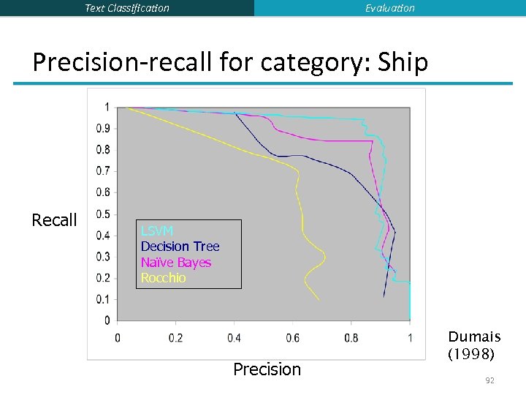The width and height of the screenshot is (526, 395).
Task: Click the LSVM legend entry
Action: pos(157,231)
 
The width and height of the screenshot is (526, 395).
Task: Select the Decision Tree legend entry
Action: pos(180,247)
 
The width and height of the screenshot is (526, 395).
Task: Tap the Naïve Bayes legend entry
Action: pos(176,263)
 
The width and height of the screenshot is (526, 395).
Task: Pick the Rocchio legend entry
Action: pos(163,278)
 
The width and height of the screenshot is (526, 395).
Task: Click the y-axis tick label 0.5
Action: pos(102,214)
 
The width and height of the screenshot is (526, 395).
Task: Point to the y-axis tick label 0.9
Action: pos(102,129)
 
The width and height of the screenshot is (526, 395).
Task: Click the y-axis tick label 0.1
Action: pos(102,299)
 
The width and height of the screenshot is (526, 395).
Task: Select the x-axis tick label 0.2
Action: pos(175,337)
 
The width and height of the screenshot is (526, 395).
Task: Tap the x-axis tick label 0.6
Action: pos(292,337)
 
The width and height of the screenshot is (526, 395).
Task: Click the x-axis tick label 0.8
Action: pos(351,337)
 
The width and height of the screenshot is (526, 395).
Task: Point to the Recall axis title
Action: pos(54,220)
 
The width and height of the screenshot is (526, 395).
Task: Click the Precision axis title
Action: pos(267,369)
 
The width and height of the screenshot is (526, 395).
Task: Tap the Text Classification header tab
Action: pos(127,8)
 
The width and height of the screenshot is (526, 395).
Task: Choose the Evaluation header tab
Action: pos(389,8)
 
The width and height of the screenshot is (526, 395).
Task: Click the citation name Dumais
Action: pos(474,336)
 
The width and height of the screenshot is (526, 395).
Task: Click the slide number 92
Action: pos(489,380)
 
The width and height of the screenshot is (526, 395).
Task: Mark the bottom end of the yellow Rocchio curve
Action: pos(319,300)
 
